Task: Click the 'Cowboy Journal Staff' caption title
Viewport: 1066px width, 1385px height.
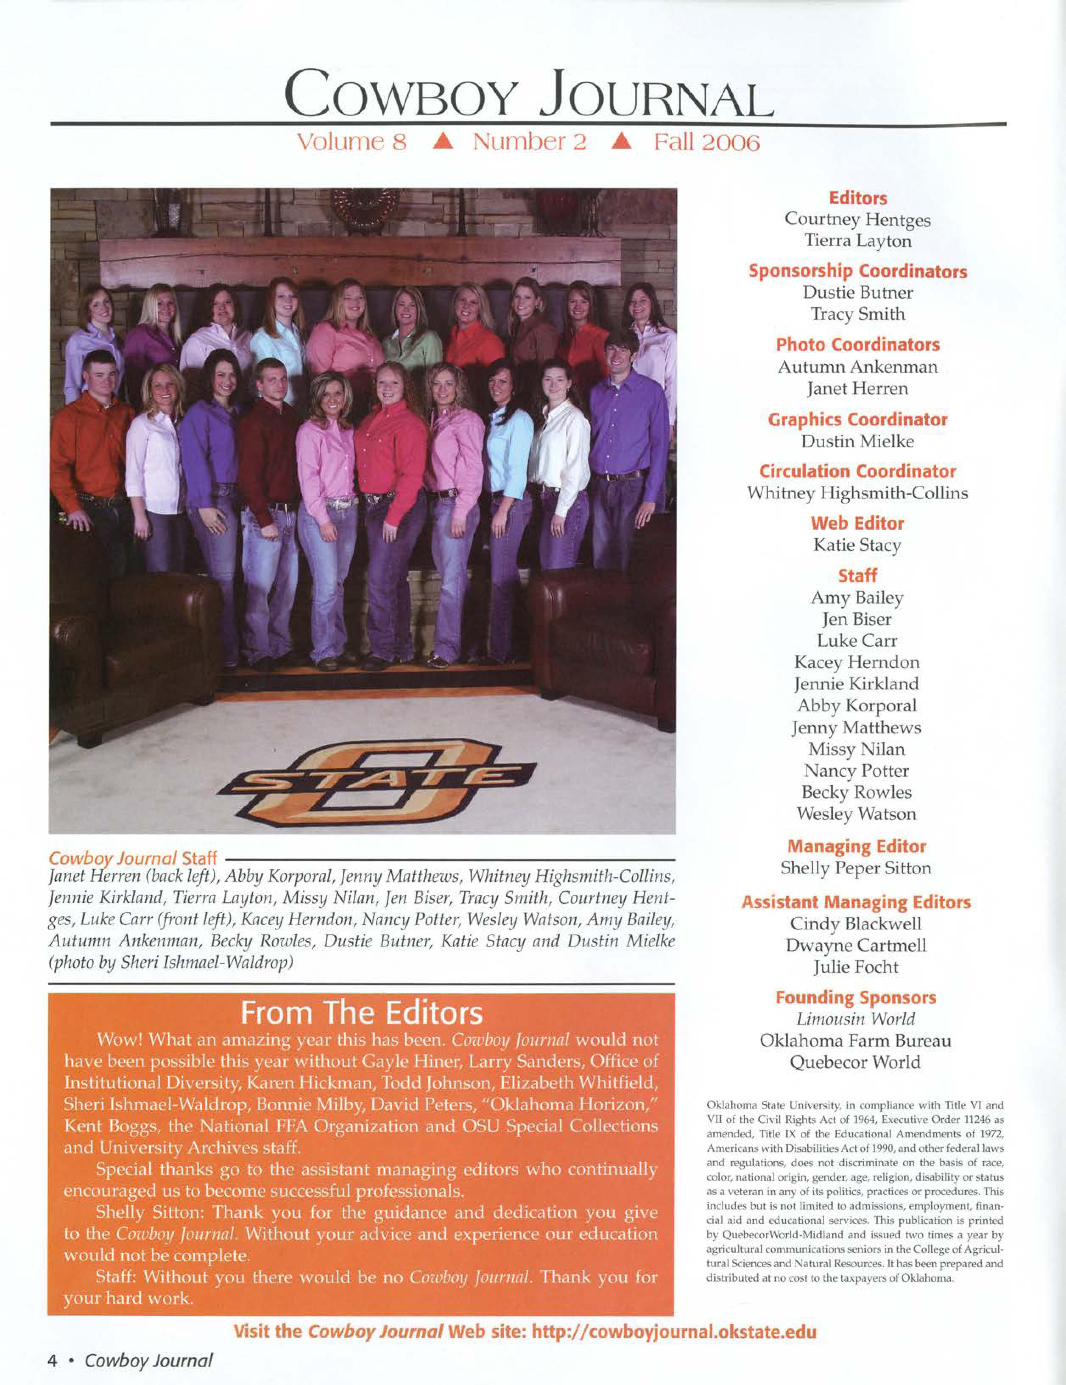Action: click(x=133, y=859)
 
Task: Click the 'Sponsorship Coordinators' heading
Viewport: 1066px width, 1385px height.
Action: click(x=857, y=271)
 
